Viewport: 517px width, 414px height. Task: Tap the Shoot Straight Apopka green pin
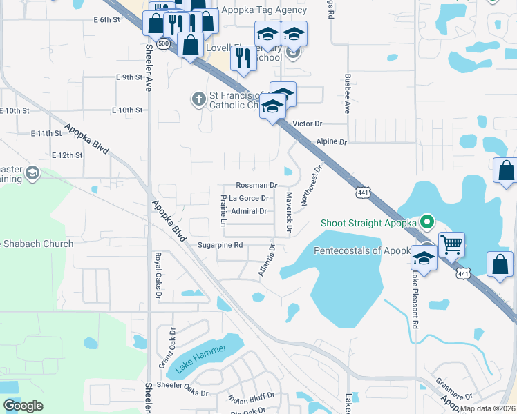427,222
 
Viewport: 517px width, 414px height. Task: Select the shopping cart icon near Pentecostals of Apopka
451,244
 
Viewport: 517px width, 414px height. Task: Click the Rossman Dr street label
256,185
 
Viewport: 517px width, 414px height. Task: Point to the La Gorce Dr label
248,199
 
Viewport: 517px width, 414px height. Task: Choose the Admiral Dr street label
249,211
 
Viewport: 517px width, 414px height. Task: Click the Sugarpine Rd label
219,245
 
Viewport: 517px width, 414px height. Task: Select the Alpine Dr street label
331,141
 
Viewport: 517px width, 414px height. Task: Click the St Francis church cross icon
198,99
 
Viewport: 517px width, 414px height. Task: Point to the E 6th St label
106,20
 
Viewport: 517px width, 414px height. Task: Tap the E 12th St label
67,155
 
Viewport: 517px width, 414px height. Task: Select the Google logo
23,406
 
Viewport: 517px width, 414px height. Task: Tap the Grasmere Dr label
454,387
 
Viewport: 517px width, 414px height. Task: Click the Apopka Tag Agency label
263,10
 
